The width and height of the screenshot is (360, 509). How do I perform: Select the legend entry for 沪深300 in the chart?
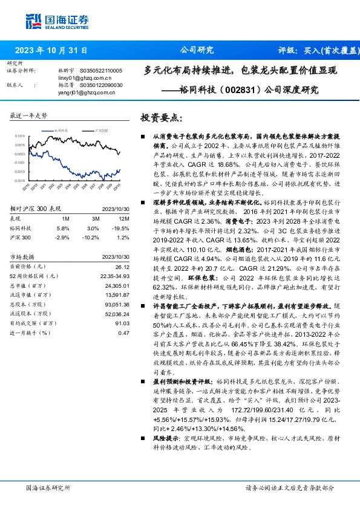100,130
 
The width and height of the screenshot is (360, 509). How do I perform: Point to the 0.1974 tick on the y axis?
19,137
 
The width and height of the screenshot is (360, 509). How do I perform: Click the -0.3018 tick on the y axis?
19,180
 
